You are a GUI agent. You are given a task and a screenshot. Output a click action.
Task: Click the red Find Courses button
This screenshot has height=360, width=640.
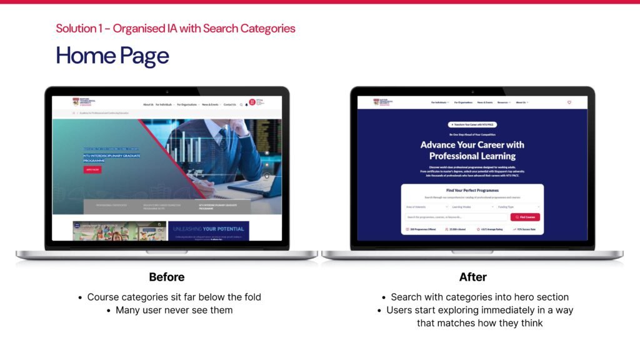tap(525, 217)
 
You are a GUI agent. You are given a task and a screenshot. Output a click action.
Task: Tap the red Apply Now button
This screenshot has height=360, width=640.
tap(92, 169)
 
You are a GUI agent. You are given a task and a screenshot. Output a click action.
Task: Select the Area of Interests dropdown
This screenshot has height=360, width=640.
tap(427, 206)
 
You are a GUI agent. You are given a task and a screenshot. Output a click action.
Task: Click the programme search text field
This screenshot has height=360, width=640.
tap(457, 217)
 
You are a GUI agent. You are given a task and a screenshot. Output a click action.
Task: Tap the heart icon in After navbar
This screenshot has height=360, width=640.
tap(569, 102)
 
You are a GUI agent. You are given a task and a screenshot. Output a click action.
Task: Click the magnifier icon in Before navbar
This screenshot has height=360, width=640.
tap(241, 104)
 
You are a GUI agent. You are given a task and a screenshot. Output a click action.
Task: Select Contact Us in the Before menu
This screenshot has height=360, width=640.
tap(230, 104)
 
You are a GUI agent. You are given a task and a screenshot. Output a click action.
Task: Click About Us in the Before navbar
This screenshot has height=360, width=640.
tap(148, 104)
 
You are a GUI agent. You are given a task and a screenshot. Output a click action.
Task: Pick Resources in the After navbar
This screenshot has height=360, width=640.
tap(504, 102)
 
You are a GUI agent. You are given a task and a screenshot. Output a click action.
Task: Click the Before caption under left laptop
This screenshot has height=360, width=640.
tap(167, 277)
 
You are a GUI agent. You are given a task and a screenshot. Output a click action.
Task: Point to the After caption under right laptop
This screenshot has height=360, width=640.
tap(473, 277)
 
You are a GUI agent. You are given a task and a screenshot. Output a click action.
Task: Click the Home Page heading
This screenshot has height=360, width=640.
tap(112, 56)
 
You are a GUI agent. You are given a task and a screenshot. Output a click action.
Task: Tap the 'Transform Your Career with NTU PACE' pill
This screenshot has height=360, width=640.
tap(472, 125)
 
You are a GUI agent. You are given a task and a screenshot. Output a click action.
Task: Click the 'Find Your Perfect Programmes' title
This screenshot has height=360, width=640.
tap(472, 190)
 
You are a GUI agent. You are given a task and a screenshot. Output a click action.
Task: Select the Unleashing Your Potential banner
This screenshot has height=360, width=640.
tap(209, 231)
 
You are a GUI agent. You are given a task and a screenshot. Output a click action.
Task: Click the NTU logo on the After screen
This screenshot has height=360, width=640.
tap(381, 102)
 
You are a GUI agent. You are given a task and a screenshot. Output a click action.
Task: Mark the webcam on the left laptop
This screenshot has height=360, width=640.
tap(167, 91)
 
